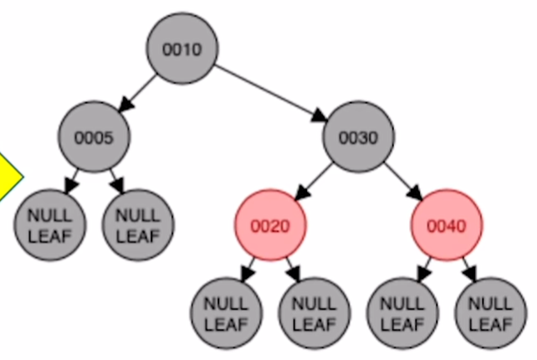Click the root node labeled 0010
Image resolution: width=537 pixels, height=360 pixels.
(182, 49)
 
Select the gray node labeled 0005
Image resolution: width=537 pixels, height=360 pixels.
(94, 136)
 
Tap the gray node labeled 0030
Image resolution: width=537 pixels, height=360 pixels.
(359, 136)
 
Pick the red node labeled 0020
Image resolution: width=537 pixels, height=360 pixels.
(270, 224)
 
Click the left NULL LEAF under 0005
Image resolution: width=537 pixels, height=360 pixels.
(49, 224)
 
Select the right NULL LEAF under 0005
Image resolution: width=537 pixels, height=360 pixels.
(137, 224)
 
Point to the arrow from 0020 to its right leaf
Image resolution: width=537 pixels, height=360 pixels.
(292, 268)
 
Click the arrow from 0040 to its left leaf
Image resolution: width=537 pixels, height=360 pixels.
(425, 268)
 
